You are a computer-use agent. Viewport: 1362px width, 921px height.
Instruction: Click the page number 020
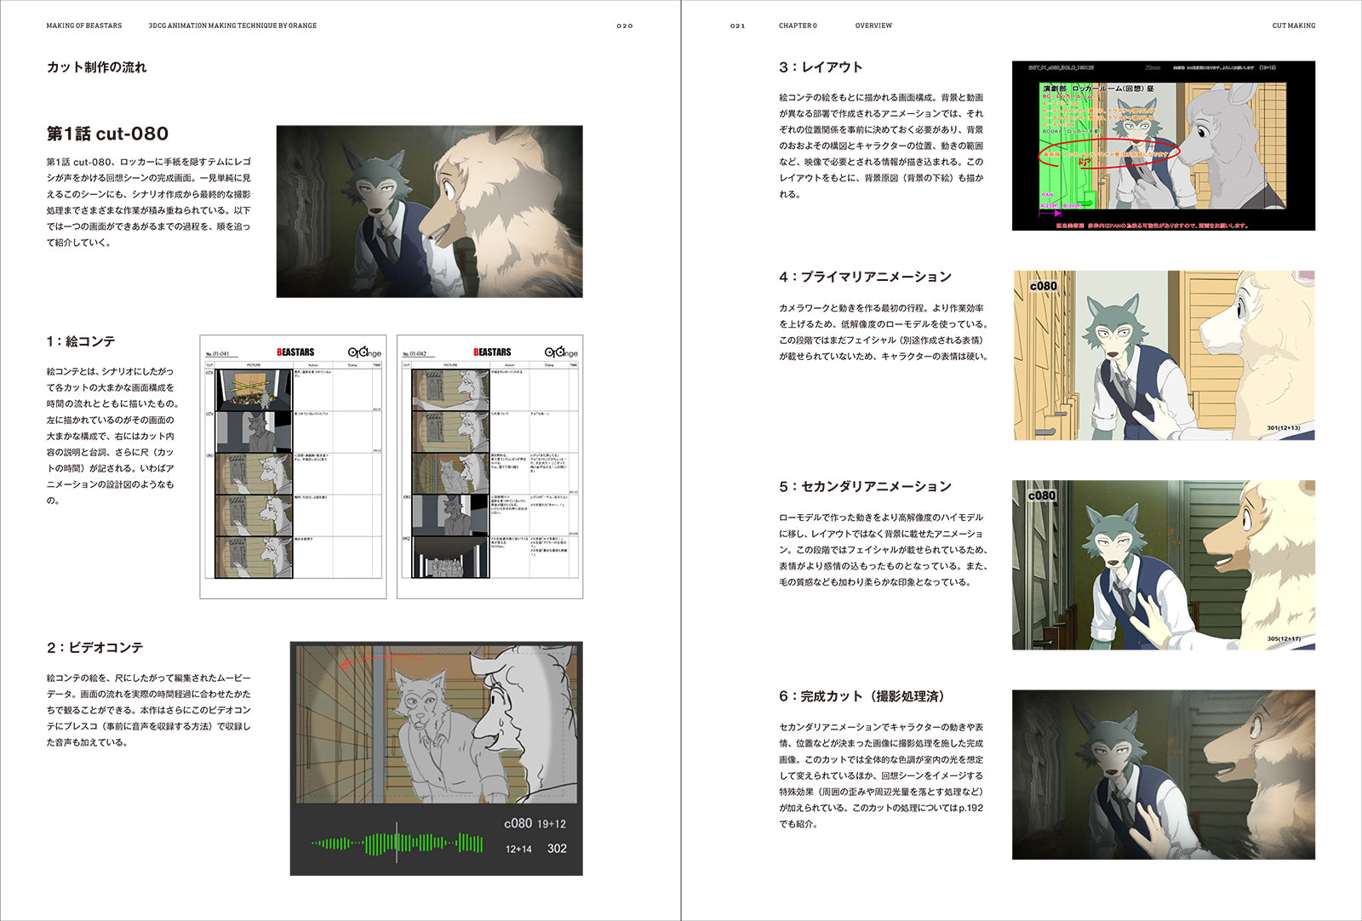coord(625,26)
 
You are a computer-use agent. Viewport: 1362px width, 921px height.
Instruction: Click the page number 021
coord(737,26)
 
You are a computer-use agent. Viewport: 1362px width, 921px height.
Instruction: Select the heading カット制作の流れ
coord(96,67)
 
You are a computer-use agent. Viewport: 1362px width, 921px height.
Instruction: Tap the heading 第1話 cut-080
coord(107,134)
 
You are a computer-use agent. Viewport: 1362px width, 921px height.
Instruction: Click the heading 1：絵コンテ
coord(81,341)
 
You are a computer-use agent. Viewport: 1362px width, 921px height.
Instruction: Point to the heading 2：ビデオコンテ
coord(94,648)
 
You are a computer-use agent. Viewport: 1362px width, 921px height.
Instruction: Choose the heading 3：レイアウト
coord(821,67)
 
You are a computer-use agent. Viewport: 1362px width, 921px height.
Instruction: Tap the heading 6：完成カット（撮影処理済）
coord(862,696)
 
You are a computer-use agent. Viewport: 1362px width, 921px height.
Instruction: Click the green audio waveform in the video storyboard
coord(397,844)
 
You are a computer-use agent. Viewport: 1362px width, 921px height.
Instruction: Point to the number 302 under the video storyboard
coord(557,849)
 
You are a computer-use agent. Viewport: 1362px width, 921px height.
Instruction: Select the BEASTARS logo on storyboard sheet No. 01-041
coord(295,352)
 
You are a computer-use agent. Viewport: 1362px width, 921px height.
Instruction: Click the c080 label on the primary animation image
coord(1043,286)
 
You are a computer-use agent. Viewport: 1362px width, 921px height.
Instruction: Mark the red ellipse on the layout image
coord(1108,154)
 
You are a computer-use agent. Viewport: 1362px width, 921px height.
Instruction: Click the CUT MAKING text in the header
coord(1293,26)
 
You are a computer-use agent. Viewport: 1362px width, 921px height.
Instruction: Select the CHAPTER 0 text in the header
coord(798,26)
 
